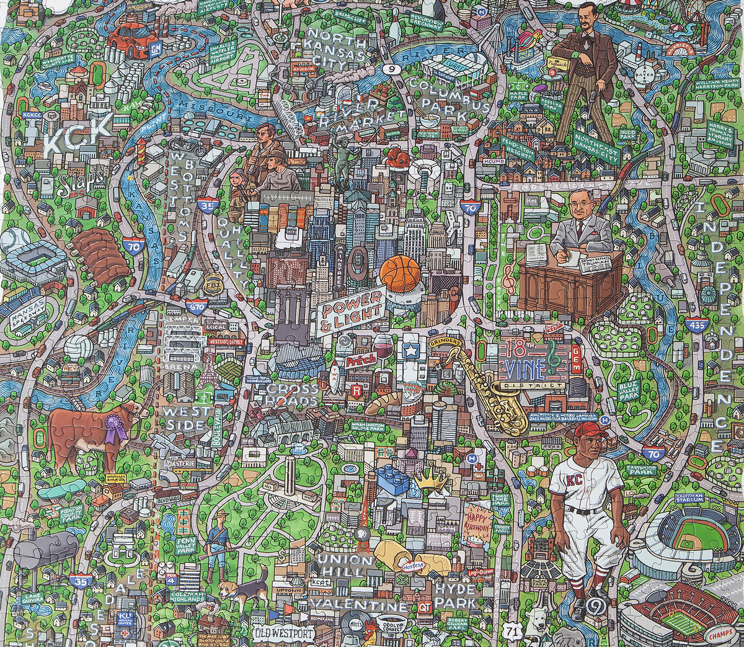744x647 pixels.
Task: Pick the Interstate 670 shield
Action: pos(197,305)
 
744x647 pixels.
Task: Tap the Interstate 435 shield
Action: pos(696,324)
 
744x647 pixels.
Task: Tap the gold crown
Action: pos(432,479)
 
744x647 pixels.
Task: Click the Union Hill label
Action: pos(345,565)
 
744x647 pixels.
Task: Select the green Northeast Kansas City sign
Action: pos(596,148)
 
